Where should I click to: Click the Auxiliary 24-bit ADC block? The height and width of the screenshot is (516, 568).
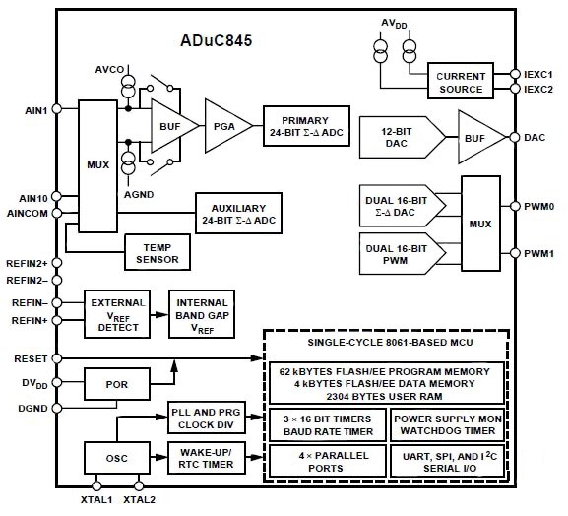[237, 215]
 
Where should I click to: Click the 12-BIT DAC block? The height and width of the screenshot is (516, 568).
[398, 137]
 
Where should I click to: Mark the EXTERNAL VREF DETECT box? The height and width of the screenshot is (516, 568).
[116, 311]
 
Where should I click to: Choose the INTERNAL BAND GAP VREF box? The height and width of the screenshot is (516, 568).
[201, 311]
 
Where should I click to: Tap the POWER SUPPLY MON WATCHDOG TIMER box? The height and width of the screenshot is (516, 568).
[446, 422]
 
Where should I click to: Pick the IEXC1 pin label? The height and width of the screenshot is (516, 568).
[538, 74]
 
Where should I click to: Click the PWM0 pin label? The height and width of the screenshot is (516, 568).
[538, 206]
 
